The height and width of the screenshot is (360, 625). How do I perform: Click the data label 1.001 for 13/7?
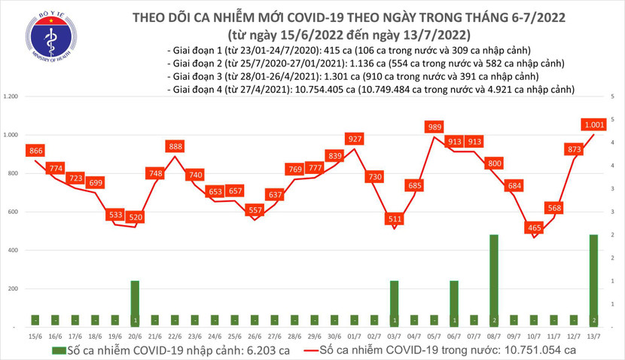(x=595, y=124)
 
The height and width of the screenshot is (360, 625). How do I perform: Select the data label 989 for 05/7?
(x=434, y=127)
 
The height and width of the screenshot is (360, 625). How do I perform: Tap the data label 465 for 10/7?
(x=535, y=226)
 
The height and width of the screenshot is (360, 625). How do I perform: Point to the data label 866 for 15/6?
(x=35, y=151)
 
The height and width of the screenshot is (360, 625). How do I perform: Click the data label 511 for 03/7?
(x=394, y=219)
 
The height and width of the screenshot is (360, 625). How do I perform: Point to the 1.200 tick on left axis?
(x=11, y=97)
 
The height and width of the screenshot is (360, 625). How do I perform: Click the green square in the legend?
(x=58, y=351)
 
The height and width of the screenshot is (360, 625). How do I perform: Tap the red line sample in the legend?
(x=310, y=351)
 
